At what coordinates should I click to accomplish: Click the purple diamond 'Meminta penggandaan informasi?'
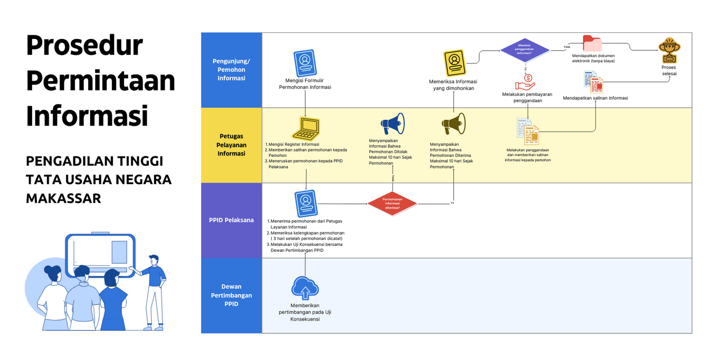click(x=525, y=50)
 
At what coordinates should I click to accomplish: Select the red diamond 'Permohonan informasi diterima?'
click(x=393, y=203)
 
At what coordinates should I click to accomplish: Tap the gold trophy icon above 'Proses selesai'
click(x=669, y=50)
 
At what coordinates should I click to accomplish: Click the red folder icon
click(x=592, y=43)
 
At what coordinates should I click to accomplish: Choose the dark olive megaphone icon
click(x=453, y=124)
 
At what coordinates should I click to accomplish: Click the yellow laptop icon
click(x=306, y=128)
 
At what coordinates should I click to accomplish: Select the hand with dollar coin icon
click(x=525, y=82)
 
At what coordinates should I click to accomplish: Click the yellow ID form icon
click(x=455, y=63)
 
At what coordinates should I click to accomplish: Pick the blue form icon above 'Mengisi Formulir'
click(x=305, y=63)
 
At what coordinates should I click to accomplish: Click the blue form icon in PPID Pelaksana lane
click(x=306, y=203)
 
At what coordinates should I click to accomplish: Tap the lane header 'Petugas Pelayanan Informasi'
click(x=232, y=145)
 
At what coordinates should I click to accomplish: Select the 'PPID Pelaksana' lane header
click(x=232, y=220)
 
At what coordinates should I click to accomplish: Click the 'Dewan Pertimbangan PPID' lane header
click(x=232, y=295)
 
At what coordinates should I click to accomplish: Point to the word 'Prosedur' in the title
click(x=85, y=45)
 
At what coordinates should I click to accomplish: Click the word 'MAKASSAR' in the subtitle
click(x=64, y=198)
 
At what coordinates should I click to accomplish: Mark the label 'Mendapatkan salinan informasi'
click(x=595, y=98)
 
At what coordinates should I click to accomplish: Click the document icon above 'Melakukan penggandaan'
click(x=528, y=131)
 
